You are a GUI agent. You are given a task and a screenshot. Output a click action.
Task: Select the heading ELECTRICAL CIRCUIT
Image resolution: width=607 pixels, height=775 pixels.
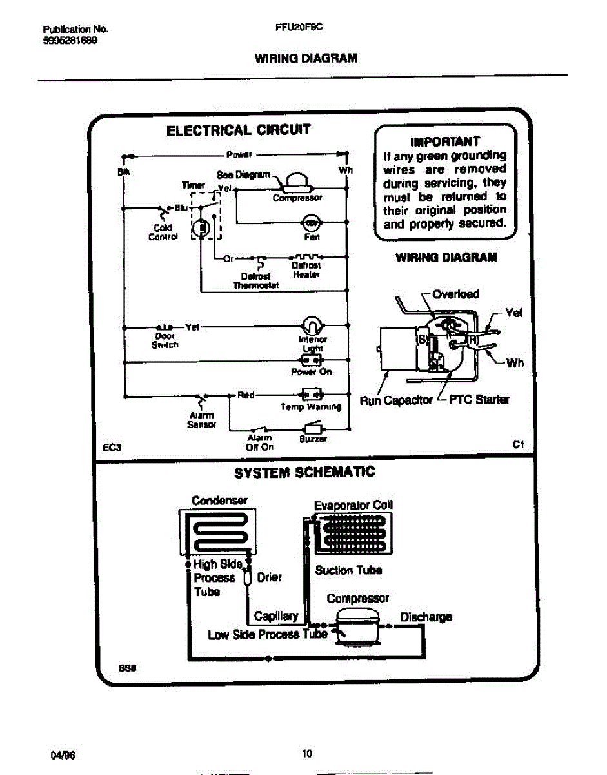tap(238, 130)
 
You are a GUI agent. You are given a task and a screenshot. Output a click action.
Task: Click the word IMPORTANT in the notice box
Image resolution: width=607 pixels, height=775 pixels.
tap(445, 141)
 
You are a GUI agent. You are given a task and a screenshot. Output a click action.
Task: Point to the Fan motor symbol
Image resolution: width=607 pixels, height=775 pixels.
tap(310, 223)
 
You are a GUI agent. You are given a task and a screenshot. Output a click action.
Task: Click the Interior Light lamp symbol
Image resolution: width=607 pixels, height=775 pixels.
tap(311, 325)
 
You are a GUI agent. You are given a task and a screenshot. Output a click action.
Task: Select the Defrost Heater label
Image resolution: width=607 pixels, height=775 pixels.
tap(305, 270)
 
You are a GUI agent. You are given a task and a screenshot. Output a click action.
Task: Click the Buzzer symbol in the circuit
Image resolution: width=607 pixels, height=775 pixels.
tap(313, 428)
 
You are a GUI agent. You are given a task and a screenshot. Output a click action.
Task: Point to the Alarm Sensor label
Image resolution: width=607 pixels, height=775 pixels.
tap(201, 420)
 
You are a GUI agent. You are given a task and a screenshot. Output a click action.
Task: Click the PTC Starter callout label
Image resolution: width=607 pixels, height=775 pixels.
tap(479, 400)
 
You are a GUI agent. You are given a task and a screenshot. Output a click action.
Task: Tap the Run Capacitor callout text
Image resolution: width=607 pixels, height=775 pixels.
tap(395, 400)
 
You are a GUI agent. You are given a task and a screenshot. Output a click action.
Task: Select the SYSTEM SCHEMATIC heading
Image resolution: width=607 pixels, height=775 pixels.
tap(304, 473)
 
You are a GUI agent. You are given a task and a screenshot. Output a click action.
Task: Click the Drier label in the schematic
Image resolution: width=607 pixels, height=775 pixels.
tap(269, 577)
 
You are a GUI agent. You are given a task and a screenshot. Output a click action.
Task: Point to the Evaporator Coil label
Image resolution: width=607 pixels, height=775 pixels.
tap(353, 505)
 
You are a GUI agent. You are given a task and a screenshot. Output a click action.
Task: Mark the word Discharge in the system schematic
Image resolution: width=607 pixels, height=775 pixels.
tap(426, 616)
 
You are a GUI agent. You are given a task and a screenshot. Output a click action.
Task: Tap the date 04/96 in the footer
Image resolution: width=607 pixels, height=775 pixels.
tap(59, 753)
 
